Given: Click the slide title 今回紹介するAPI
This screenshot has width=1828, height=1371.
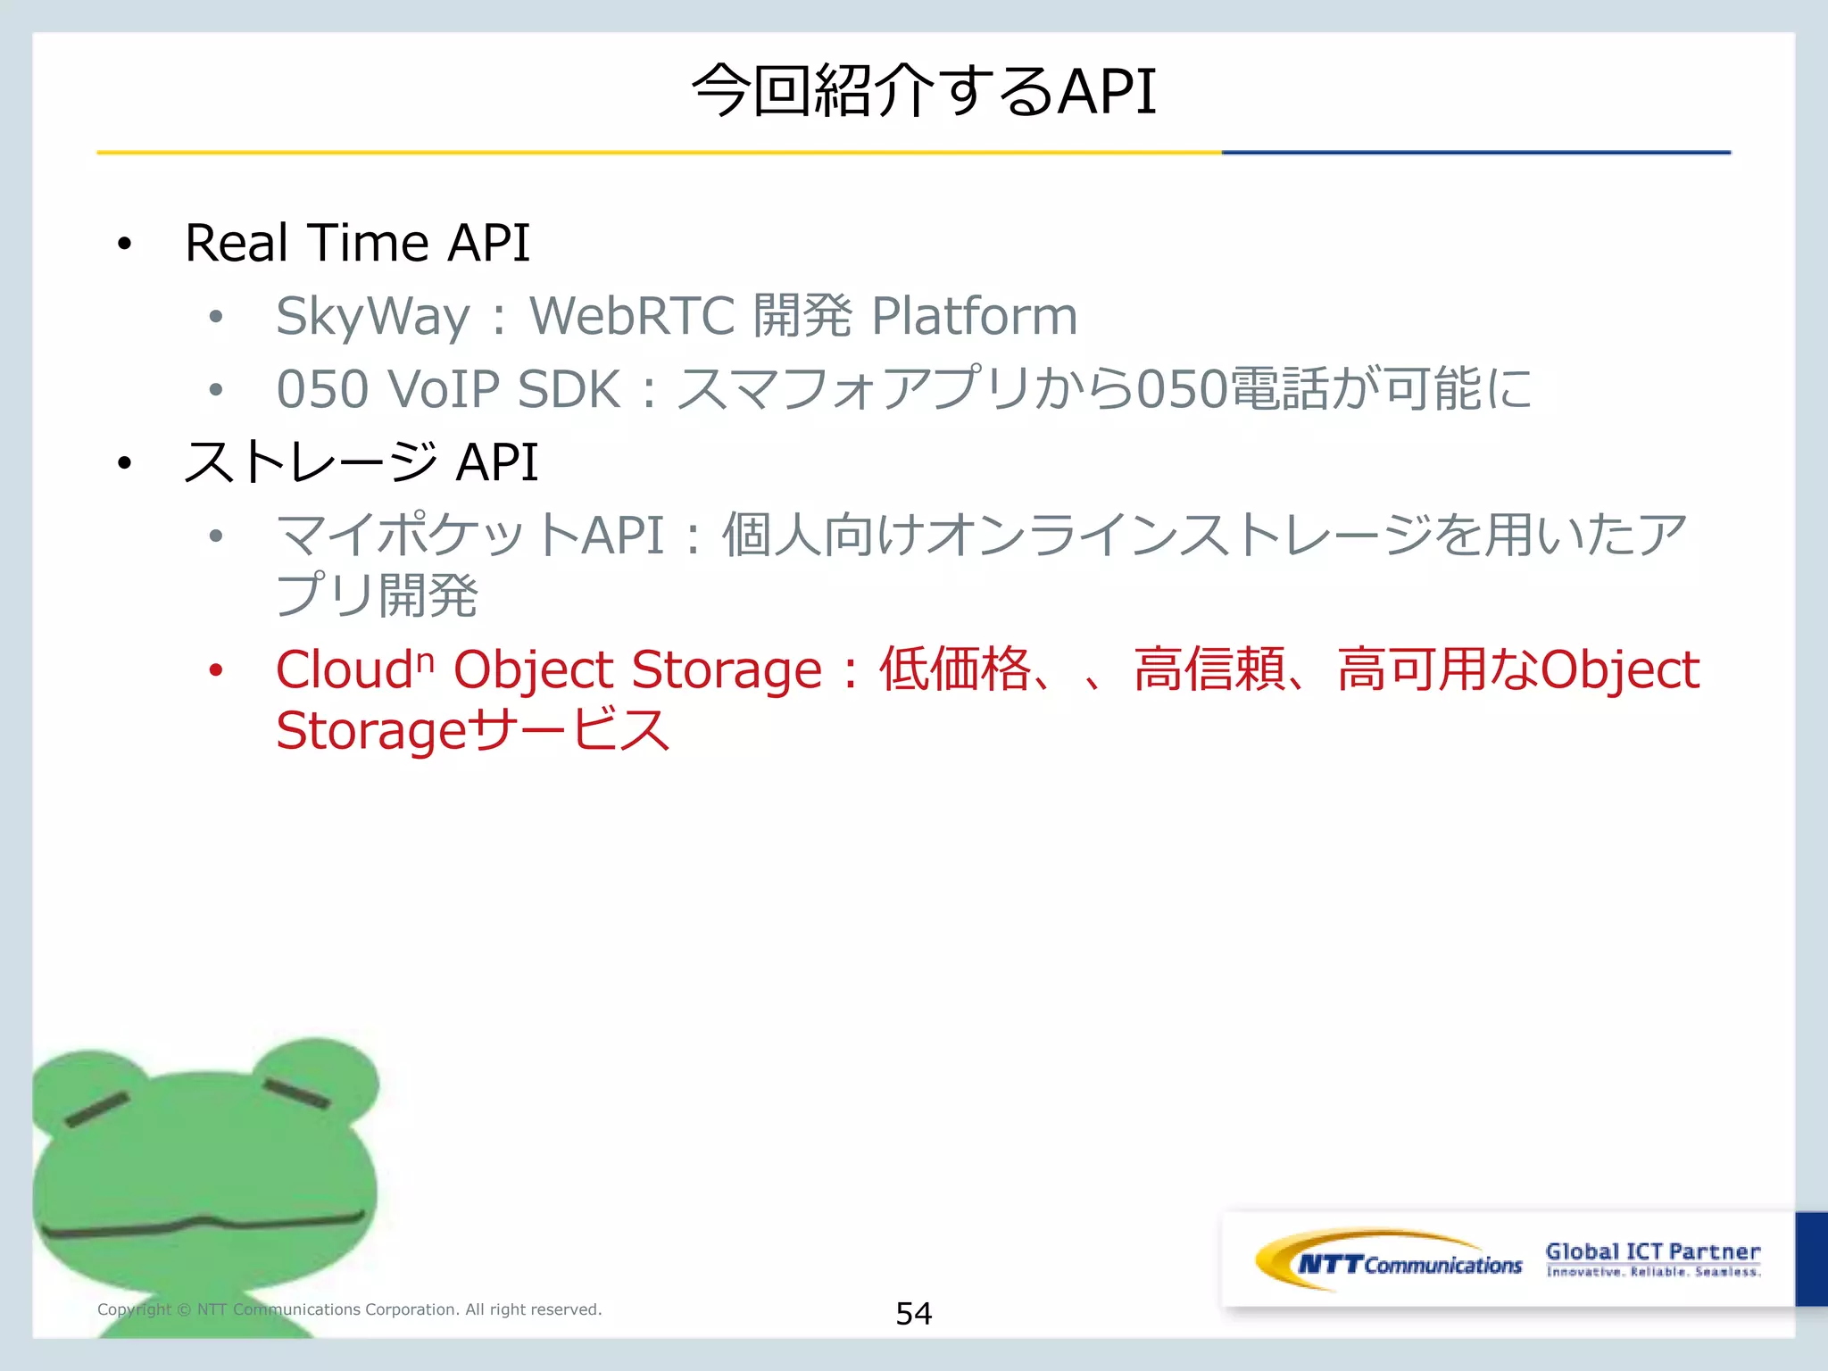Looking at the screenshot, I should tap(923, 91).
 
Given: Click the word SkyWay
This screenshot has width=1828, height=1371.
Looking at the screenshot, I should tap(372, 317).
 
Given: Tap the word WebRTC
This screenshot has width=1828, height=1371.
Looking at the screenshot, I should tap(632, 316).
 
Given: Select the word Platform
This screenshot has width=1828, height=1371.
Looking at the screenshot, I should tap(974, 316).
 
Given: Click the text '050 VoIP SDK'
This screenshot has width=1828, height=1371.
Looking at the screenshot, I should tap(448, 390).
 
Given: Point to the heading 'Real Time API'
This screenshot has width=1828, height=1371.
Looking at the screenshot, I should tap(357, 243).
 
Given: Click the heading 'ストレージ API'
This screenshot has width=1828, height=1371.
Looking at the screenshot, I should tap(361, 462).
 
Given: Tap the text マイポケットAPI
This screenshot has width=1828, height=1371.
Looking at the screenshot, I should tap(470, 536).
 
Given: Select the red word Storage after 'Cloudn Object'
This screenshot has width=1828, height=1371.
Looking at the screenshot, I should tap(726, 669).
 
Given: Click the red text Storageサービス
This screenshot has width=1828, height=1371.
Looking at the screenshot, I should tap(472, 731).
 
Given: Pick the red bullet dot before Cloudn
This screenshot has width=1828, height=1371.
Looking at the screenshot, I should tap(215, 670).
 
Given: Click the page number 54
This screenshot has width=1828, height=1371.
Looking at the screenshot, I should tap(913, 1313).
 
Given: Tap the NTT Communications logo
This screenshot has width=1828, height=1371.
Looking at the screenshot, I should tap(1389, 1261).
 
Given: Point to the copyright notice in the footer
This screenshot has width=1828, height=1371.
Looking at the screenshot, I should tap(349, 1309).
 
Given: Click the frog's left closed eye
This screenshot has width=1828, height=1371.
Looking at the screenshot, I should tap(97, 1109).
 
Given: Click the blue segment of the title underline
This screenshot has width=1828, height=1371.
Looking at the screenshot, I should tap(1475, 153).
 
